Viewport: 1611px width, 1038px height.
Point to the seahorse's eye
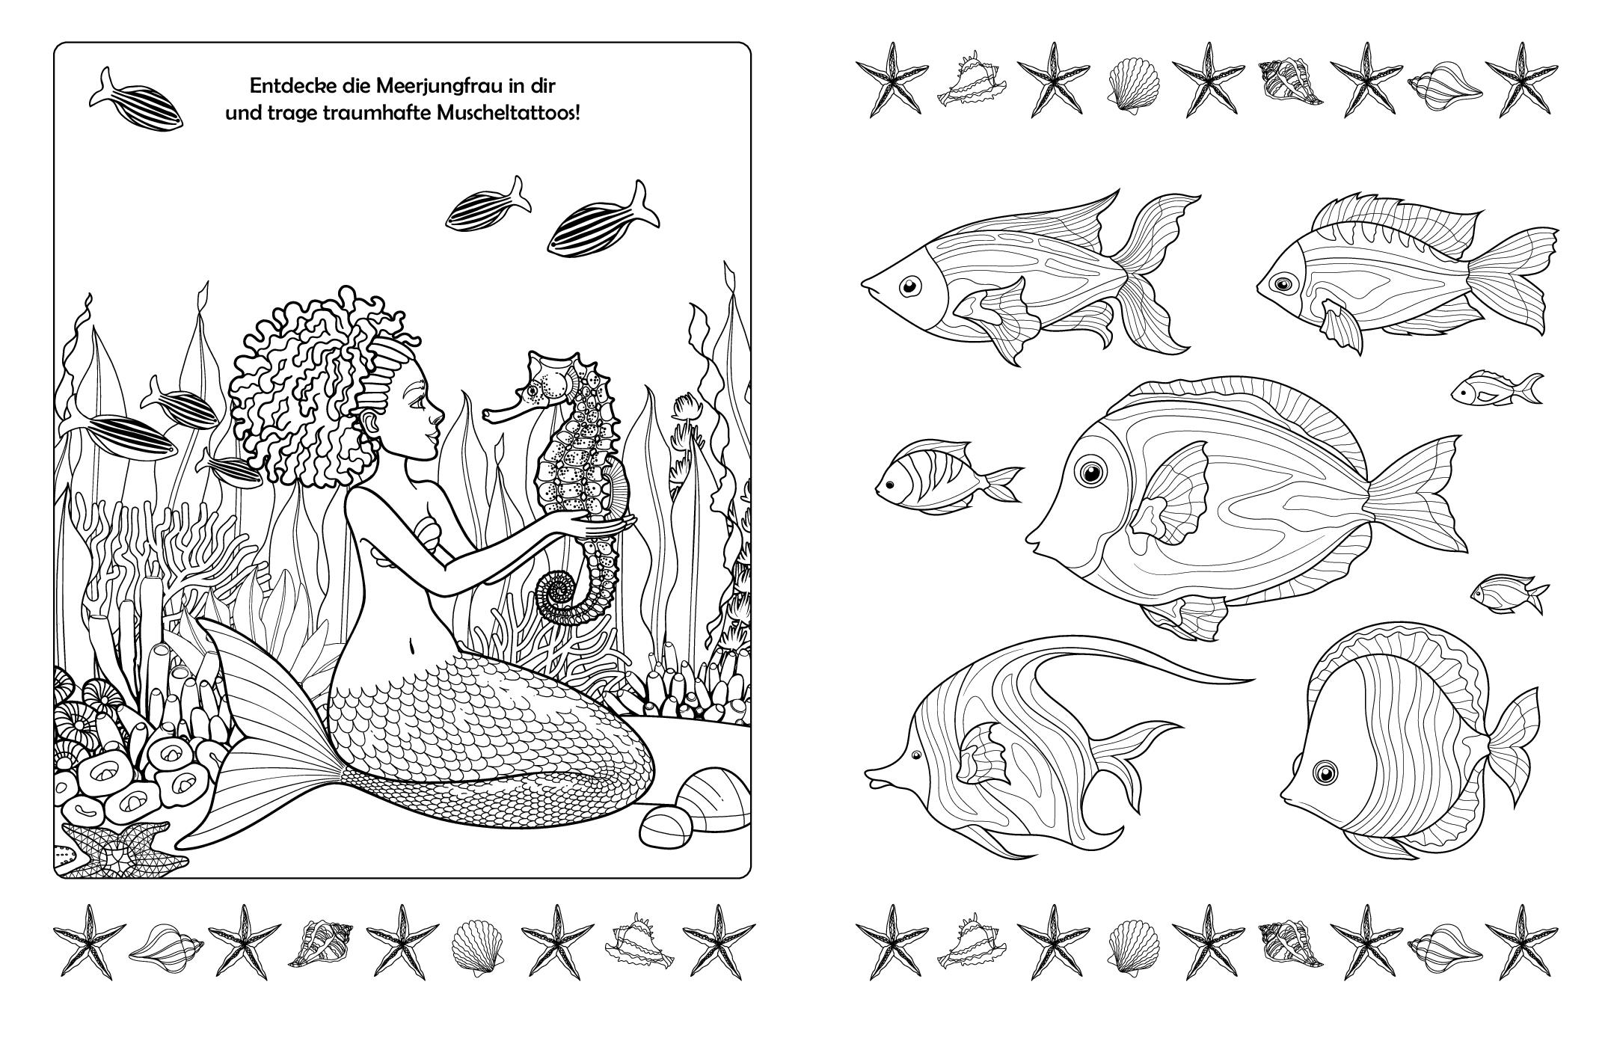click(x=533, y=390)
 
